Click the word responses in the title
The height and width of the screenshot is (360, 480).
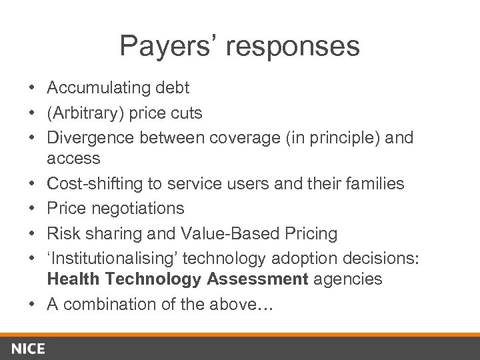click(x=293, y=46)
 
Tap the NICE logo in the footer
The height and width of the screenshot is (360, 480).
click(x=27, y=348)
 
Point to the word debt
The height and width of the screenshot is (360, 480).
click(x=173, y=87)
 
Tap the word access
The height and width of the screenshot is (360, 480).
click(x=73, y=159)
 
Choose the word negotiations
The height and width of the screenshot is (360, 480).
click(x=139, y=209)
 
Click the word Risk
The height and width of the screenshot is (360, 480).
click(x=61, y=233)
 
